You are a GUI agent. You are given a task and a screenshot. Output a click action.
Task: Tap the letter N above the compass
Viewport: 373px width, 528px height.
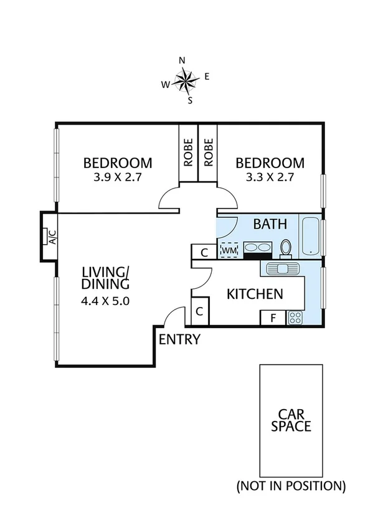click(x=182, y=60)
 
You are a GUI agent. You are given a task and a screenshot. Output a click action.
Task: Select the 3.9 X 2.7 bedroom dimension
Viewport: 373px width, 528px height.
click(x=118, y=177)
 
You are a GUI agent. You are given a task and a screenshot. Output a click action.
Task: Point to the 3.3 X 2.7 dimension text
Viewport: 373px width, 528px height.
click(x=270, y=177)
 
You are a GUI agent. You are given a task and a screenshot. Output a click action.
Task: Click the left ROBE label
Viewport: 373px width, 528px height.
click(x=188, y=152)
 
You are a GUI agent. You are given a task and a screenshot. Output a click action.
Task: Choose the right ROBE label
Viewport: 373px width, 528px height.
click(x=208, y=152)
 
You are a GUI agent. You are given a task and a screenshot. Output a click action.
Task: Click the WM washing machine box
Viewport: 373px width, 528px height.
click(x=229, y=250)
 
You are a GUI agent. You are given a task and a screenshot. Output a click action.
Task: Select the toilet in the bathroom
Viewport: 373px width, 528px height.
click(x=286, y=248)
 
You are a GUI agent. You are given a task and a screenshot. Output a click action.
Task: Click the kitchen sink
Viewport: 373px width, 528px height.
click(x=284, y=268)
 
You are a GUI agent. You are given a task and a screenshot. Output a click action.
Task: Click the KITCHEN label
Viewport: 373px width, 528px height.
click(x=255, y=294)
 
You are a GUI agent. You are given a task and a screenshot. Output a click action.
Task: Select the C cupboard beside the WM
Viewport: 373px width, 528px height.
click(x=204, y=252)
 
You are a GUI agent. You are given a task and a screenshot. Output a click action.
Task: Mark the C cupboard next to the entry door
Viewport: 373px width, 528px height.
click(x=200, y=311)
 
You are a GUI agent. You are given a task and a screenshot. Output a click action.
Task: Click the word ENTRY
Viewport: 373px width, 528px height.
click(x=180, y=339)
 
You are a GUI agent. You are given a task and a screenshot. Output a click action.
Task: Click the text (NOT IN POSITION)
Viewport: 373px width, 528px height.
click(x=291, y=486)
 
